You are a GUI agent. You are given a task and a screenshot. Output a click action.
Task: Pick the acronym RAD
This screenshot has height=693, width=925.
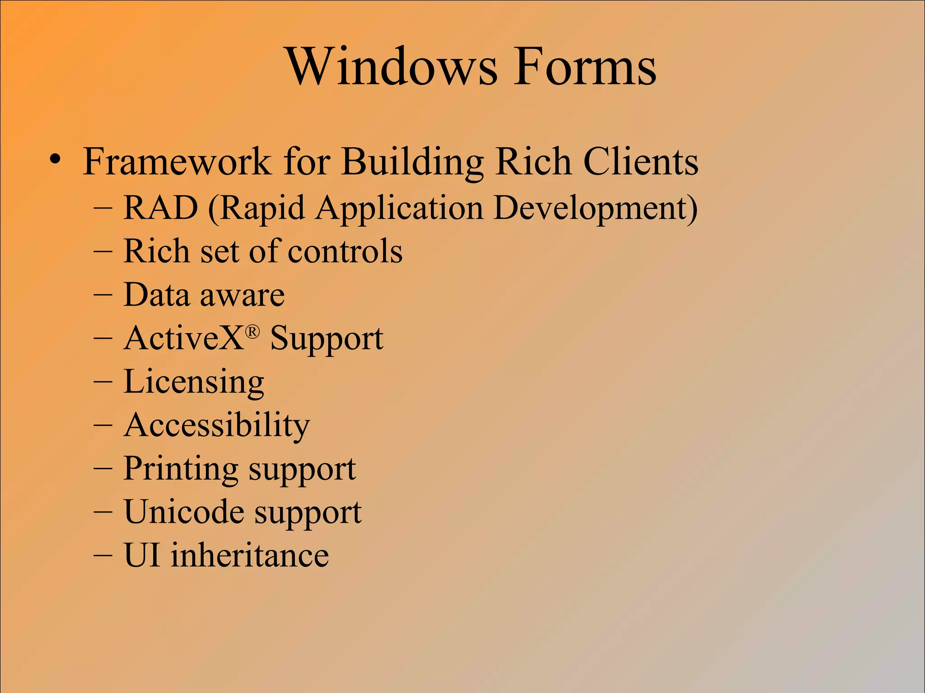(x=161, y=208)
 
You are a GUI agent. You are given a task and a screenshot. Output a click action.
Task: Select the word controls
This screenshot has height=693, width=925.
(x=345, y=251)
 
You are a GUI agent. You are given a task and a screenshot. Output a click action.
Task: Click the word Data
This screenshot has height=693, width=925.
(x=156, y=295)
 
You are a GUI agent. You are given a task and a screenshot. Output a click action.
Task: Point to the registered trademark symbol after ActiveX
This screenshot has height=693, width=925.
(x=252, y=333)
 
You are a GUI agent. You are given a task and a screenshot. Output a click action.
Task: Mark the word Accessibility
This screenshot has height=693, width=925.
(x=217, y=425)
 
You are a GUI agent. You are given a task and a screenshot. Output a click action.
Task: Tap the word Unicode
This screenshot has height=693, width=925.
(x=183, y=512)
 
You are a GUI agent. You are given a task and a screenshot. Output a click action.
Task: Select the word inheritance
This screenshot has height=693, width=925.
(x=250, y=555)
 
